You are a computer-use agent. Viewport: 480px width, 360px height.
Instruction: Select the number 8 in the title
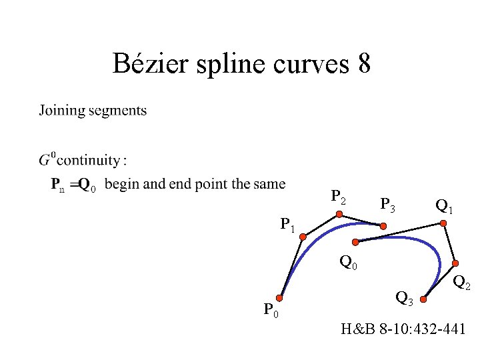[364, 64]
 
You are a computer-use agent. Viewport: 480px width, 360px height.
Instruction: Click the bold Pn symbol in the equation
[58, 185]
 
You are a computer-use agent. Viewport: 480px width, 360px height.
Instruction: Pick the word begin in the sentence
[122, 185]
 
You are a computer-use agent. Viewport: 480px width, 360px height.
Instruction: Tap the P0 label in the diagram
[271, 310]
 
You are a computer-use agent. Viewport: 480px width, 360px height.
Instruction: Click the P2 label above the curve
[339, 197]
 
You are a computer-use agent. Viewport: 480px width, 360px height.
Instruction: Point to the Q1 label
[444, 206]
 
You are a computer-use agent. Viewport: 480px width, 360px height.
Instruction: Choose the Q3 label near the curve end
[404, 297]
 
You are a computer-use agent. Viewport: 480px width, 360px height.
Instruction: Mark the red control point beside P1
[303, 235]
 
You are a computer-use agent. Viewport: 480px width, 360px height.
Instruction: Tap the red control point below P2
[339, 215]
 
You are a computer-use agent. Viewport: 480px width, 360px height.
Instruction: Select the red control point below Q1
[443, 224]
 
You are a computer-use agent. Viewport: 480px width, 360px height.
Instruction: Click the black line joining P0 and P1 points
[292, 267]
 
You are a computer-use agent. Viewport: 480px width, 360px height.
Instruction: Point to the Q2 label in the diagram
[463, 285]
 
